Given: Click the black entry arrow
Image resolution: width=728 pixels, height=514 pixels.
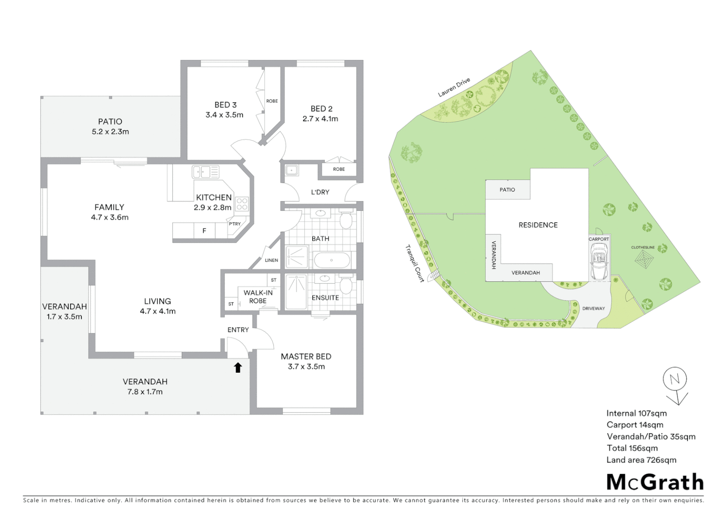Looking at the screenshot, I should (238, 367).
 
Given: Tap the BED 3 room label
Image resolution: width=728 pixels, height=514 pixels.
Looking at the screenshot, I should (225, 105).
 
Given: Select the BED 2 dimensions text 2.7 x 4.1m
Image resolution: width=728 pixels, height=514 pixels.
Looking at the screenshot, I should (320, 119).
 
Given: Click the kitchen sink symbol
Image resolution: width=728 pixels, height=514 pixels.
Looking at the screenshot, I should (205, 172).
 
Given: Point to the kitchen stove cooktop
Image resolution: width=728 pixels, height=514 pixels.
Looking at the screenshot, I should (242, 204).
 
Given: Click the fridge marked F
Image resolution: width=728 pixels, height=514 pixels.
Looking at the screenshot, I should (204, 231).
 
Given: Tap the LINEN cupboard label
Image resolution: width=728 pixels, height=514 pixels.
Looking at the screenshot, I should (271, 260).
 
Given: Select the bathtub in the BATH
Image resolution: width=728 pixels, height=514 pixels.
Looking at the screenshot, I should (332, 260).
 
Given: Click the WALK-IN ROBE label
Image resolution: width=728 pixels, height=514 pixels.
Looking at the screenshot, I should (258, 297).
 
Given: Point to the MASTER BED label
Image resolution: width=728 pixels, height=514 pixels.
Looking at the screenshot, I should (306, 356).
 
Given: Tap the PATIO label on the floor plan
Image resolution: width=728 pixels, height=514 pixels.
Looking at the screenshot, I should (110, 122).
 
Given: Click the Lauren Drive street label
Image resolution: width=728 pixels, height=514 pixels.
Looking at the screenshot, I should (454, 88).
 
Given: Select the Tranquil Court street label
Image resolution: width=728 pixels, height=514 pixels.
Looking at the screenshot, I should (415, 263).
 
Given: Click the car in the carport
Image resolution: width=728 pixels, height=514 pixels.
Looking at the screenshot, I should (598, 262).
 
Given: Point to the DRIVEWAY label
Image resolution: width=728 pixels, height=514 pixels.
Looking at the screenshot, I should (594, 308).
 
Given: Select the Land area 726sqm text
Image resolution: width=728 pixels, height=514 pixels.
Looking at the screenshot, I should (641, 460).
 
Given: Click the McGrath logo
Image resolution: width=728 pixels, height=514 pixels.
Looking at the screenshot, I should (655, 482).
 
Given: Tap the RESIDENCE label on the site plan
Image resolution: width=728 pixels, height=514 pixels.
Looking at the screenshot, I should (538, 225).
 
